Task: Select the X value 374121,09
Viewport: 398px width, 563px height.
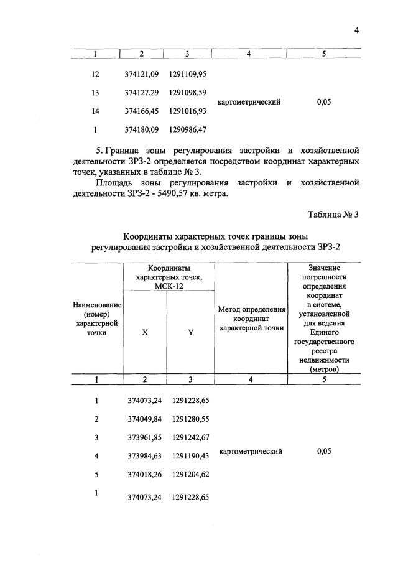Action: point(142,74)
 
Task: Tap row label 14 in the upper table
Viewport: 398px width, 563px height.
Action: point(95,111)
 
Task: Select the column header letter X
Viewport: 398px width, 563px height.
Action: point(145,332)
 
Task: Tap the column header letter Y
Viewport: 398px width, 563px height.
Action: point(191,332)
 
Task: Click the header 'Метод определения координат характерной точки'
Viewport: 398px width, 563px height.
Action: point(252,319)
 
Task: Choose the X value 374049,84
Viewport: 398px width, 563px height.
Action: point(142,419)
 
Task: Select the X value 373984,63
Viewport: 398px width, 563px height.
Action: point(142,456)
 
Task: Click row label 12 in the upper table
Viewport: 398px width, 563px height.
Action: point(95,74)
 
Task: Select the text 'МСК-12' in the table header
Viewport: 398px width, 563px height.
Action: point(167,286)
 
